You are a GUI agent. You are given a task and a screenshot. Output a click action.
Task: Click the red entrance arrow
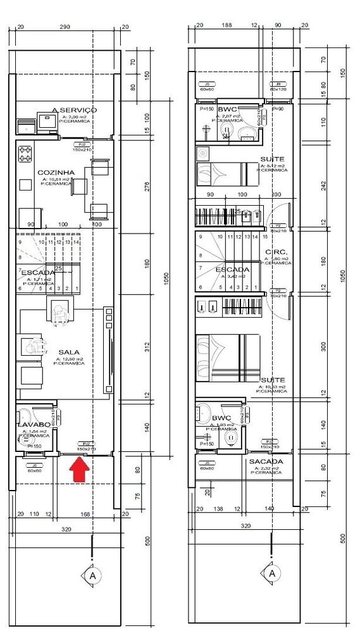[78, 470]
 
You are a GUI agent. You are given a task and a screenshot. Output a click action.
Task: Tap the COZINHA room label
[56, 172]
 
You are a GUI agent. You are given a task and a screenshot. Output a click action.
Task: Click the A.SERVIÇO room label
[74, 110]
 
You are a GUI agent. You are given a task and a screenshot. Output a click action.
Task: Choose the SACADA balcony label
[266, 461]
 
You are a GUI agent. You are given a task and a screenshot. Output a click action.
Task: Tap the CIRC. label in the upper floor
[277, 251]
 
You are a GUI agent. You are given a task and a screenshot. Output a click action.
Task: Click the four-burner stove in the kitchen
[25, 152]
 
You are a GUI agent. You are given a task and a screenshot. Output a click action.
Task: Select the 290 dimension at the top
[65, 27]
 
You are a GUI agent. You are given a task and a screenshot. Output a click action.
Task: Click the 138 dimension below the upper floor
[220, 508]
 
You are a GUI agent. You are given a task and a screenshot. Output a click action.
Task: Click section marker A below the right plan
[272, 573]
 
